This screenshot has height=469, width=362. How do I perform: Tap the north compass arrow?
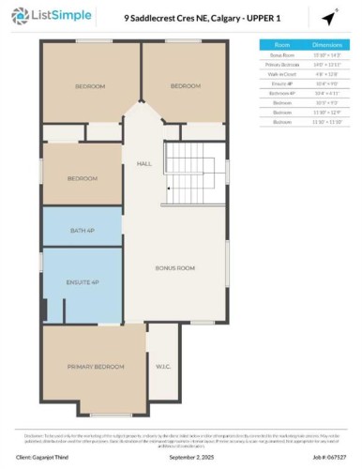coord(330,18)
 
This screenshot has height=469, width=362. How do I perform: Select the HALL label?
coord(143,163)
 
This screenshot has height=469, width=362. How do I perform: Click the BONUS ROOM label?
coord(174,268)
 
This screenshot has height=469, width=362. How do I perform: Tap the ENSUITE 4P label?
coord(82,280)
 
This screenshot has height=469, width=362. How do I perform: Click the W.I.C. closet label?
coord(162,367)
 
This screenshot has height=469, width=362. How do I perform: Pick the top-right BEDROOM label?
coord(186,86)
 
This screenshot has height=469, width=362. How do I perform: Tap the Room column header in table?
coord(281,44)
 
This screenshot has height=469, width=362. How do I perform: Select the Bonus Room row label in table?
coord(281,55)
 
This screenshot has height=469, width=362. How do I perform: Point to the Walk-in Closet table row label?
coord(281,73)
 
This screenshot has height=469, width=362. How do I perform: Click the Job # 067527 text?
coord(324,457)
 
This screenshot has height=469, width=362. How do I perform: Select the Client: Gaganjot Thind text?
coord(47,457)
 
